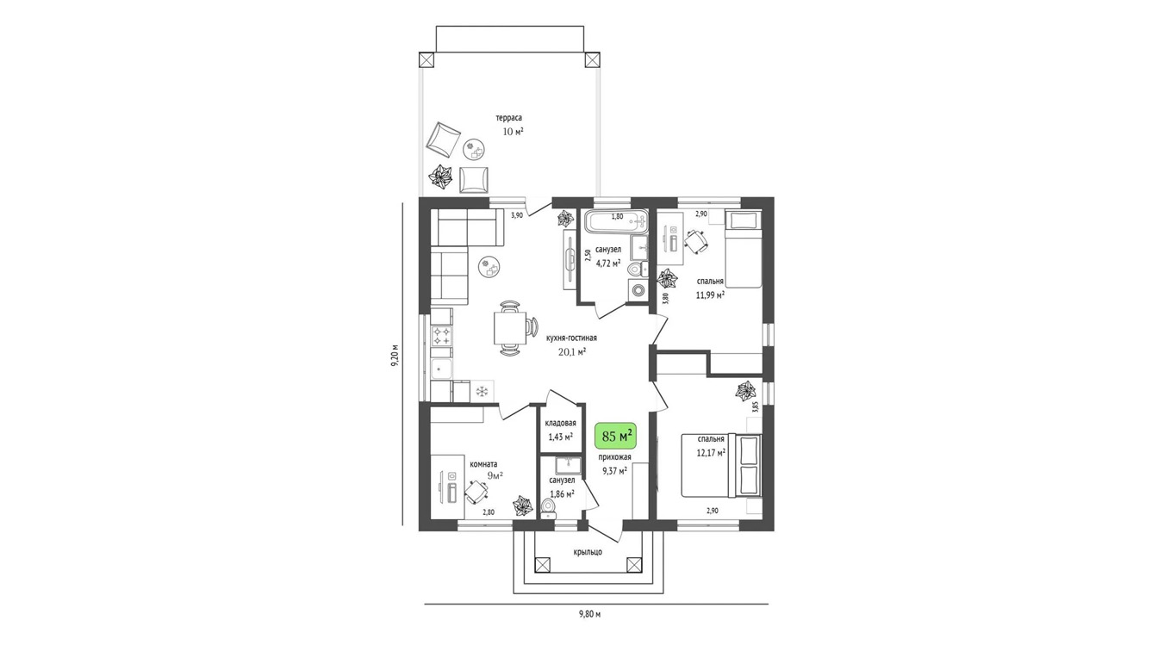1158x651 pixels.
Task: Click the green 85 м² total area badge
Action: click(x=615, y=436)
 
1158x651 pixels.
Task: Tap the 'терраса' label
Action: click(x=509, y=118)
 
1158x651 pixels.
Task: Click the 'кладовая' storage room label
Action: click(x=560, y=423)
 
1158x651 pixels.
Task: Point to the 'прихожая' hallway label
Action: click(x=614, y=457)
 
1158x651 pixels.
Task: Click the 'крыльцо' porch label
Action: click(x=588, y=552)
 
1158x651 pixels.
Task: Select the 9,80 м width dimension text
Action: click(x=589, y=614)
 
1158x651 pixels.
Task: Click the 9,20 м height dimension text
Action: click(x=395, y=355)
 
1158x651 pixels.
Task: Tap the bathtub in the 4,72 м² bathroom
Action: click(x=616, y=223)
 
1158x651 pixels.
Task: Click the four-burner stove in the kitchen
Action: click(x=442, y=336)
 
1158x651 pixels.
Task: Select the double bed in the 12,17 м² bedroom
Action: click(x=721, y=466)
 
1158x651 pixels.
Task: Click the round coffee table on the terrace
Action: click(x=473, y=150)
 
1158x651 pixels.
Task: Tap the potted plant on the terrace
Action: click(x=440, y=177)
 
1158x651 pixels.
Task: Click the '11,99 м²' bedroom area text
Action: click(x=710, y=295)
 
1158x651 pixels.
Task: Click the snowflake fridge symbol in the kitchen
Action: click(x=482, y=391)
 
